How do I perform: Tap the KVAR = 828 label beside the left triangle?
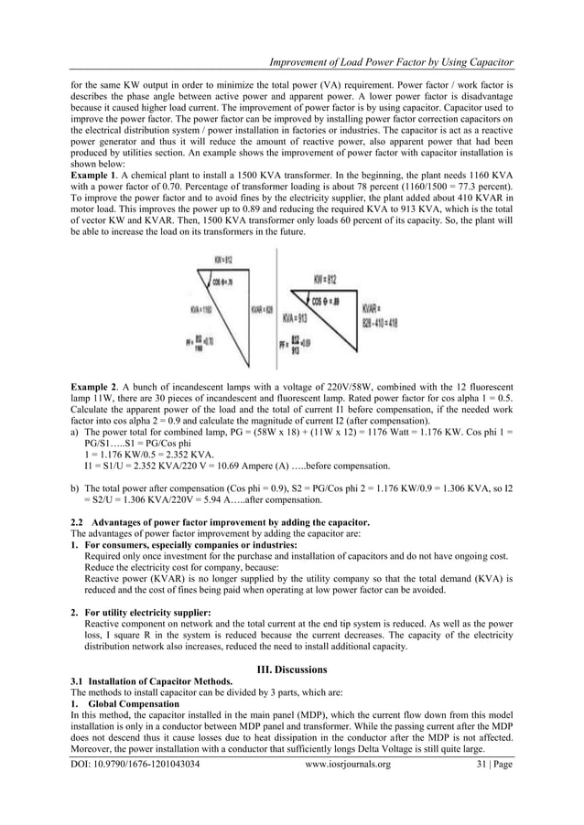(x=263, y=310)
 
